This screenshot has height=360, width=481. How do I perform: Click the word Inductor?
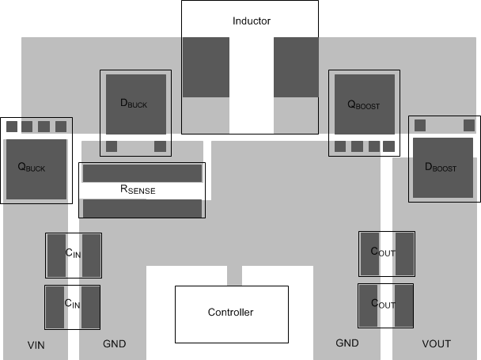click(252, 21)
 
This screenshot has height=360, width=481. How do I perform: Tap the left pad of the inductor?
click(206, 67)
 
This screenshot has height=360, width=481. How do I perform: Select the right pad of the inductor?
click(296, 67)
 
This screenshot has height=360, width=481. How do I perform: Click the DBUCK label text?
click(133, 103)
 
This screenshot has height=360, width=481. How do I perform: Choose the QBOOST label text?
click(363, 104)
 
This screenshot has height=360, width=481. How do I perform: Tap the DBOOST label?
click(441, 167)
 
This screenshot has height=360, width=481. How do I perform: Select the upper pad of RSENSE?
click(142, 172)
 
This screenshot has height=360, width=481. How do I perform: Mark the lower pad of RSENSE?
click(142, 208)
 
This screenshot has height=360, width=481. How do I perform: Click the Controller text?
click(230, 313)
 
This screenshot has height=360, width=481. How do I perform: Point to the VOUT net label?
click(436, 343)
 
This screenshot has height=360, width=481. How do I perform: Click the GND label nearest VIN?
click(114, 344)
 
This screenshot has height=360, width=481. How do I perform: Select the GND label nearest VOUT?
click(347, 343)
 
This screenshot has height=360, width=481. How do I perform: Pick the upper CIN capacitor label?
click(73, 253)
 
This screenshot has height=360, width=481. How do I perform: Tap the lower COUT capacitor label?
click(384, 304)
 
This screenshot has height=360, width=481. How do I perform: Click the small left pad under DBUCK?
click(112, 146)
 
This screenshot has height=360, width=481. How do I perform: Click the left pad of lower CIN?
click(55, 307)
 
